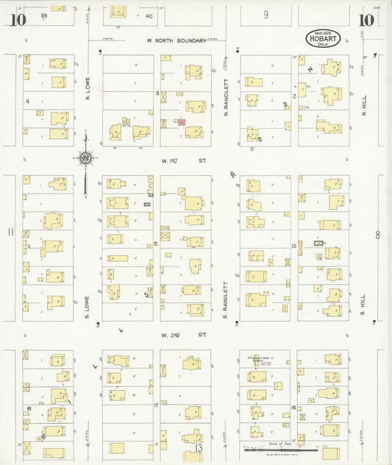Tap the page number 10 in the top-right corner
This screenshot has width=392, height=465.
pyautogui.click(x=366, y=20)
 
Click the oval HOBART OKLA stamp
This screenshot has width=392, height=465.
pyautogui.click(x=324, y=38)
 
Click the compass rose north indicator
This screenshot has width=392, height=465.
pyautogui.click(x=86, y=157)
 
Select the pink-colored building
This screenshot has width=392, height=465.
pyautogui.click(x=181, y=122)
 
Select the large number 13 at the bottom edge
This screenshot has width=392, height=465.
pyautogui.click(x=197, y=447)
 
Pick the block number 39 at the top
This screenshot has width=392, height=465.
pyautogui.click(x=44, y=15)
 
